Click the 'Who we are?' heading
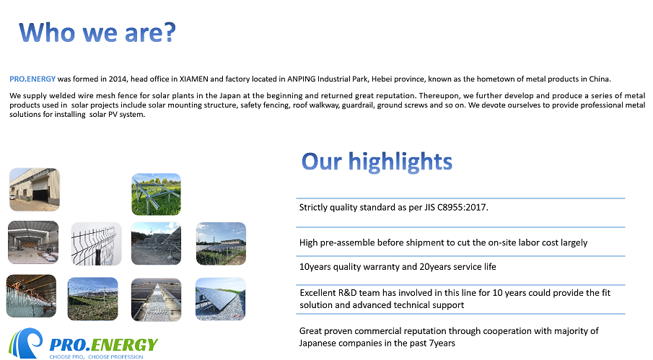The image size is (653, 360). (x=97, y=32)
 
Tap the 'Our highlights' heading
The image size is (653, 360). (x=377, y=162)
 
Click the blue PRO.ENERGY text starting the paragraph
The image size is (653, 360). (x=32, y=79)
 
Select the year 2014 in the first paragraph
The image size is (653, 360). (x=118, y=79)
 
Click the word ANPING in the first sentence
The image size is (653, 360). (x=301, y=79)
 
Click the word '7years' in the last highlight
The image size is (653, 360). (x=442, y=343)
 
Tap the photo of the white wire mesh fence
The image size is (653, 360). (x=96, y=244)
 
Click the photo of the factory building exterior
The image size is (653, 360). (x=35, y=189)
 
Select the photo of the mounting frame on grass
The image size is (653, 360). (x=156, y=194)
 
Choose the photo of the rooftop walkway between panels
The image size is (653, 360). (x=156, y=299)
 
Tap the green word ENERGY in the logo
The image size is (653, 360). (x=125, y=345)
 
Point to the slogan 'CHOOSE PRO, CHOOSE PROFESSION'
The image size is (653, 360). (x=96, y=356)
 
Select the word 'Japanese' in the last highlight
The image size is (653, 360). (x=317, y=343)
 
